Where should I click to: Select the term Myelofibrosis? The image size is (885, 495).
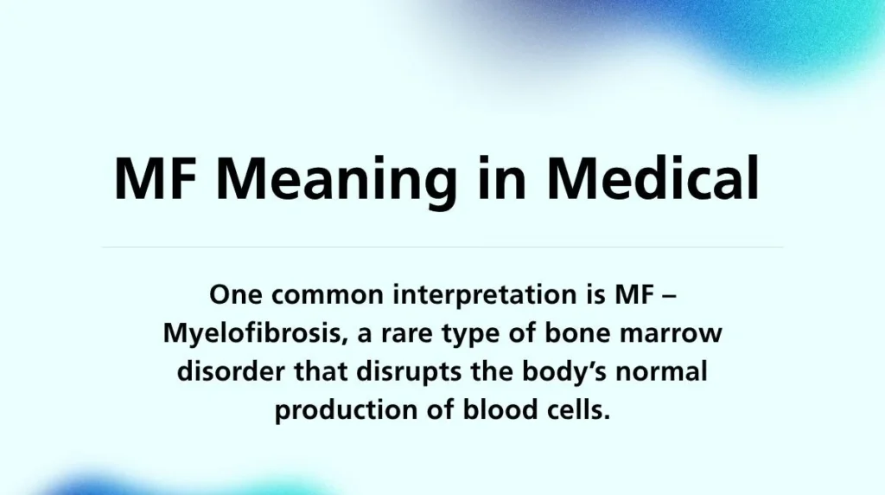(249, 334)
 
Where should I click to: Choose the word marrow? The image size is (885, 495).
(678, 334)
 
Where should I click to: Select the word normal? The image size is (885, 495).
(664, 372)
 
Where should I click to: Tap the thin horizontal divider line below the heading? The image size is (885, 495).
(442, 247)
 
